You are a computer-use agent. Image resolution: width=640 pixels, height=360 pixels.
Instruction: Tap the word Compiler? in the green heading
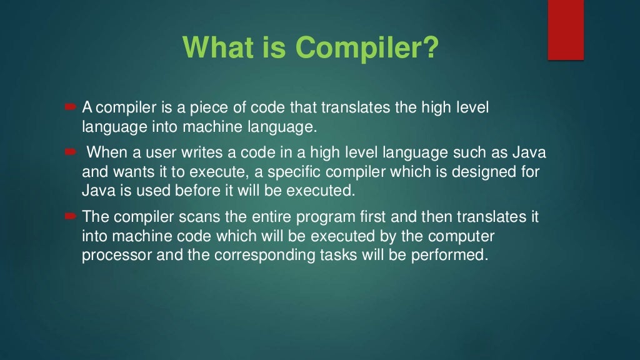367,48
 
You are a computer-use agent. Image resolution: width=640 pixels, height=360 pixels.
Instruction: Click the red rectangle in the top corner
566,30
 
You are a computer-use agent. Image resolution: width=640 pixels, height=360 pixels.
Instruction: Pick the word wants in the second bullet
124,172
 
